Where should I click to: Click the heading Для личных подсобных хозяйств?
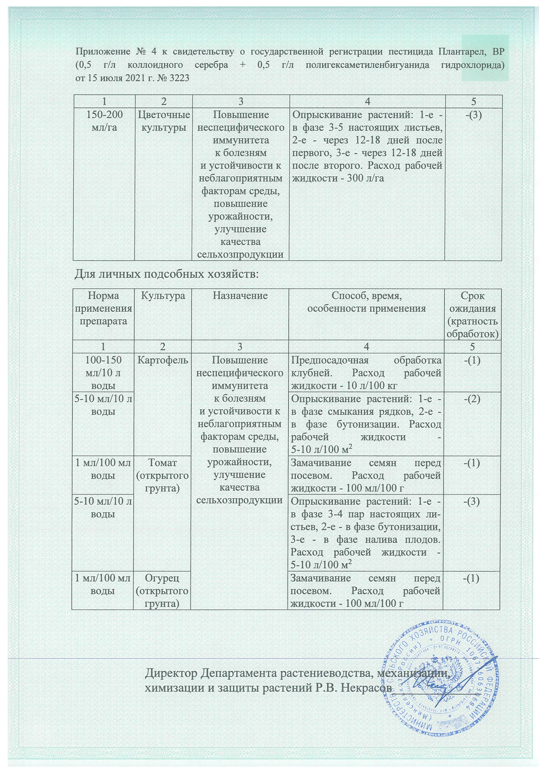coord(166,274)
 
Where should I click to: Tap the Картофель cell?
coord(163,360)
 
